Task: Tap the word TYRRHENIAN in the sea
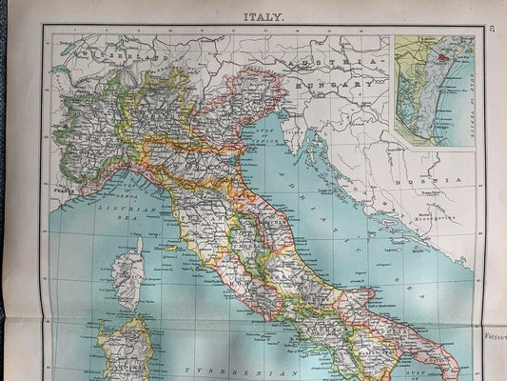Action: pos(220,371)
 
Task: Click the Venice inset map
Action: pos(434,90)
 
